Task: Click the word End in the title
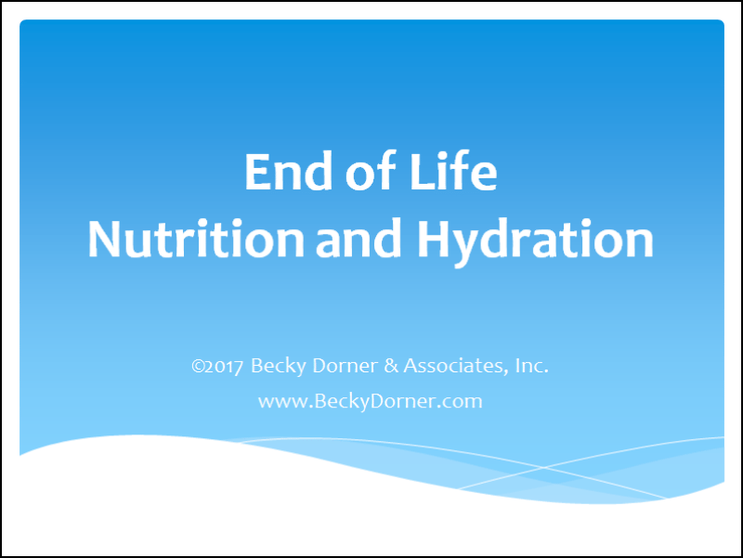coord(288,172)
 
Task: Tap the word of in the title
coord(371,171)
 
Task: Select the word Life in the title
coord(453,171)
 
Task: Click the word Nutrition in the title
coord(196,239)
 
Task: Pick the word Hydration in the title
coord(535,240)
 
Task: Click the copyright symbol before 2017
coord(198,366)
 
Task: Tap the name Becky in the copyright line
coord(278,366)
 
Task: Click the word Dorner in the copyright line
coord(345,366)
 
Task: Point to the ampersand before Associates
coord(391,366)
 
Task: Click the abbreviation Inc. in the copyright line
coord(531,366)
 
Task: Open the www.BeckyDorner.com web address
coord(370,402)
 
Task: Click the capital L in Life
coord(422,172)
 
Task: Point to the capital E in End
coord(257,172)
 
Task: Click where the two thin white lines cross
coord(544,468)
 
